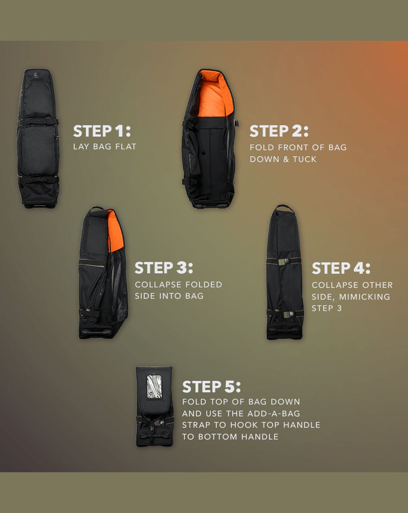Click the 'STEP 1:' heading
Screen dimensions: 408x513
[x=102, y=131]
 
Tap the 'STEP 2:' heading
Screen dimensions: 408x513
[x=279, y=131]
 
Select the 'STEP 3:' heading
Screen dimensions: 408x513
[x=164, y=268]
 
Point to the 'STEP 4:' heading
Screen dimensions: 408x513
[x=341, y=268]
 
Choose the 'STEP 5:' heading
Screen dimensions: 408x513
[x=212, y=387]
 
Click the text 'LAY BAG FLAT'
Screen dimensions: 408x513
[x=105, y=146]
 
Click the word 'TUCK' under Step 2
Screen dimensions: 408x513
[x=304, y=159]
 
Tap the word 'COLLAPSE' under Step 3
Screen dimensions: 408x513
[x=158, y=284]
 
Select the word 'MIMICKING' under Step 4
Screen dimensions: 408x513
[x=365, y=297]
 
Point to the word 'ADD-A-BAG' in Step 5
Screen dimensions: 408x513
[x=274, y=413]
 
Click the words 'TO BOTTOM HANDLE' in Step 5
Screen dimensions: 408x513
[x=230, y=437]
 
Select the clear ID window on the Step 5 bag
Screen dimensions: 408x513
[x=155, y=387]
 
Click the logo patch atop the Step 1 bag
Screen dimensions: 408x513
[x=36, y=75]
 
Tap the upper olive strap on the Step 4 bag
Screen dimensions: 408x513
[x=284, y=262]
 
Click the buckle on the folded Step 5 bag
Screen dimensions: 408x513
[x=152, y=429]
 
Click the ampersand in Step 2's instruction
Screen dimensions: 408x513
[x=286, y=159]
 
